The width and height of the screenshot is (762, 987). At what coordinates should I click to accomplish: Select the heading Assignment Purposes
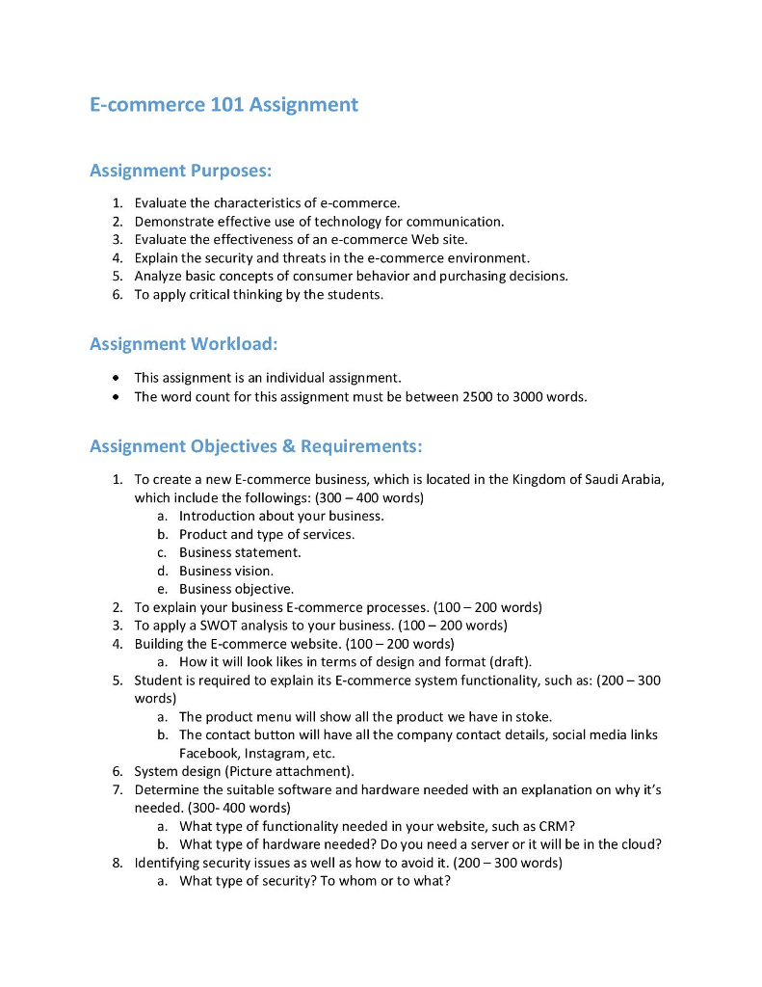coord(180,171)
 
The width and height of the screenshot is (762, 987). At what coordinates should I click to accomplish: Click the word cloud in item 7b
coord(638,844)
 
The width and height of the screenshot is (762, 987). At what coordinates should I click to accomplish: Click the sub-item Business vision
coord(226,571)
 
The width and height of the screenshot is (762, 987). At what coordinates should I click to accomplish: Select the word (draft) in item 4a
coord(511,661)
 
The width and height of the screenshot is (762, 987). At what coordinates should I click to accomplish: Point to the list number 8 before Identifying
coord(117,863)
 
